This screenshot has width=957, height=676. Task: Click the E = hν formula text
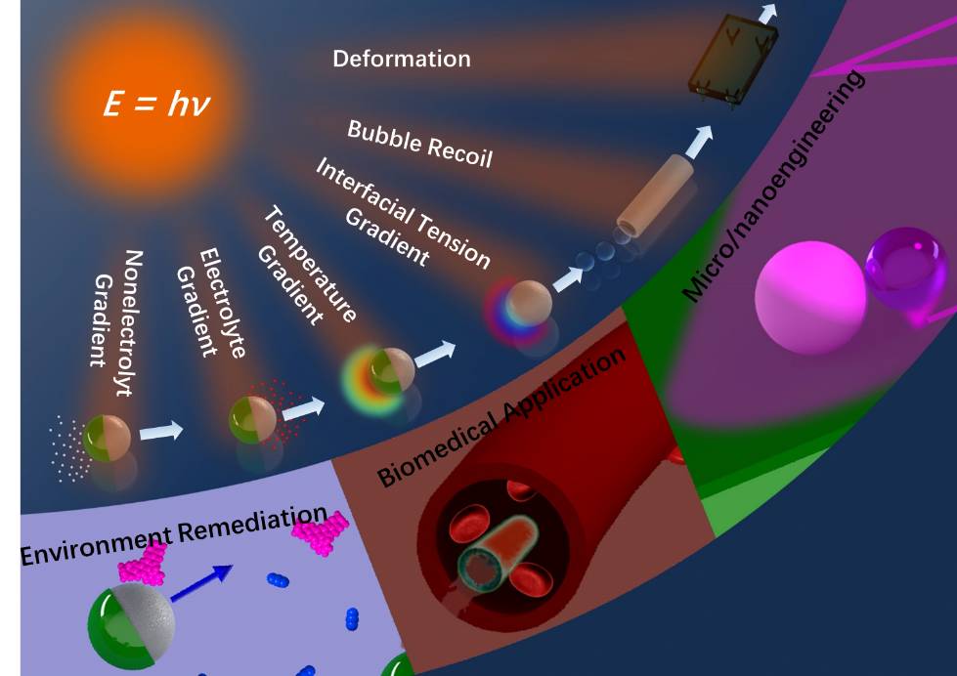[x=156, y=104]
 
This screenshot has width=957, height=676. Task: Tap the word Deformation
[x=401, y=59]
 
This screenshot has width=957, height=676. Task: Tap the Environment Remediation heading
[x=173, y=536]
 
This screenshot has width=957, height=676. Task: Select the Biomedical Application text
[x=501, y=416]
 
